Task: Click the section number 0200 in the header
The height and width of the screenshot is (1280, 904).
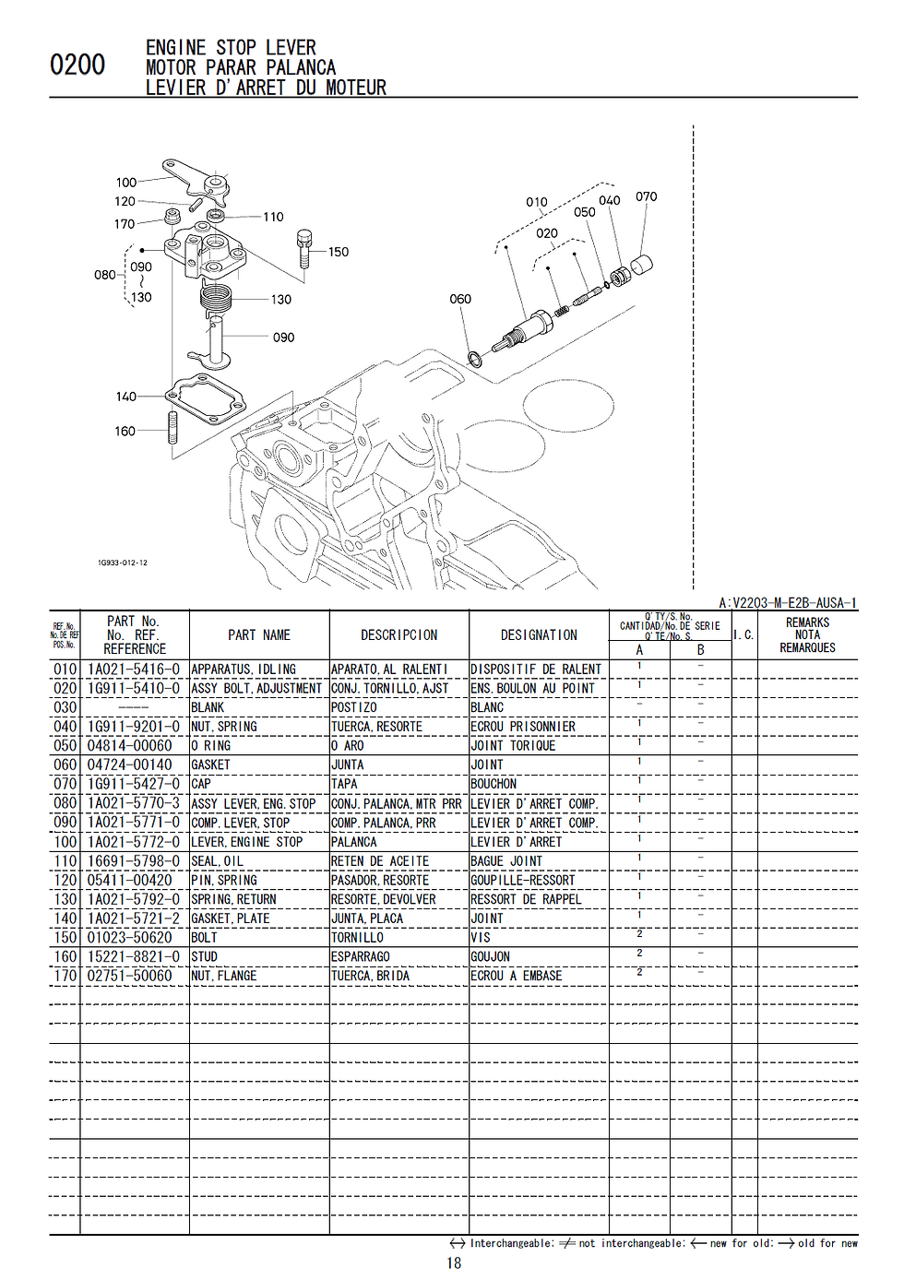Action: coord(77,65)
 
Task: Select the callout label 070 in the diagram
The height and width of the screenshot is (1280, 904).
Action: coord(646,196)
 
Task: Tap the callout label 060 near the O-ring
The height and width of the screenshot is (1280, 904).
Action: coord(460,299)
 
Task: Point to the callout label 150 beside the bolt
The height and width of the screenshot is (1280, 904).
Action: coord(339,252)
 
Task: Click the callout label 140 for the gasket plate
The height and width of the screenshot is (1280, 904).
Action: coord(125,397)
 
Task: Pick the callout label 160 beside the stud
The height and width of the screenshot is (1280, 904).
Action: coord(125,431)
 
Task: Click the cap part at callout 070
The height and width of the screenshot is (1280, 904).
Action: coord(640,267)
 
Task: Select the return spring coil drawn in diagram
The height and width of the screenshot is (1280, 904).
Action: coord(214,298)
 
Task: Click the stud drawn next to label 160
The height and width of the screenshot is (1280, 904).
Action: coord(172,429)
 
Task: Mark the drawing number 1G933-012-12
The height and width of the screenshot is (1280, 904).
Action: coord(122,563)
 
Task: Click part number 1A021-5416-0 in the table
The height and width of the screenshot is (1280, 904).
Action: coord(133,670)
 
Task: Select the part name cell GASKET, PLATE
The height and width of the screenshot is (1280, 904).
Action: coord(231,919)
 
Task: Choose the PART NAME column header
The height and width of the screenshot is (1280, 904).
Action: coord(259,635)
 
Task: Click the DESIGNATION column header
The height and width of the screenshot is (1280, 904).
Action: coord(539,635)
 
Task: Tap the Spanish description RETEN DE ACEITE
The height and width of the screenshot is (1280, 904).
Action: coord(380,861)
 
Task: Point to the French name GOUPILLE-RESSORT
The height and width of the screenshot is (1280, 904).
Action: coord(522,881)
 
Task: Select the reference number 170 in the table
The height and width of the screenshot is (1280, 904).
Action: coord(65,976)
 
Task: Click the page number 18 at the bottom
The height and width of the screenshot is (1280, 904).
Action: coord(454,1263)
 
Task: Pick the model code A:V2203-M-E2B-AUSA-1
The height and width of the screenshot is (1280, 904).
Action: coord(788,603)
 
